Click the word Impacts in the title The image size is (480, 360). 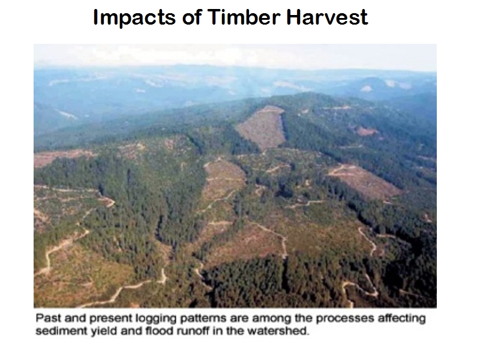coord(134,17)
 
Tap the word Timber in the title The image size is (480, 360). coord(244,17)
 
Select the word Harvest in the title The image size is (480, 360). coord(327,17)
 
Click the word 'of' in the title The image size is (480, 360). coord(191,17)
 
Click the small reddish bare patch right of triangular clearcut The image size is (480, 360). coord(367,131)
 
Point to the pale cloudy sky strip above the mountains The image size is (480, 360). coord(235,55)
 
